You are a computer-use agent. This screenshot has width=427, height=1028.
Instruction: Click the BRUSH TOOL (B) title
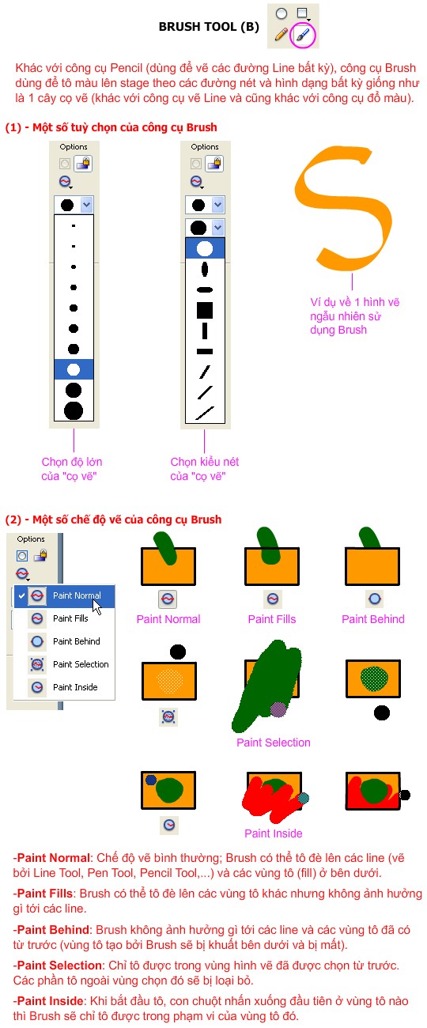208,27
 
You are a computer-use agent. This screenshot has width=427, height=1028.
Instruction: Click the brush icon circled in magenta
302,34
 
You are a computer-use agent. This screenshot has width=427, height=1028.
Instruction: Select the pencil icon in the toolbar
281,34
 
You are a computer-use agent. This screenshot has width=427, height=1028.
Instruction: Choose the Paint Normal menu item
76,595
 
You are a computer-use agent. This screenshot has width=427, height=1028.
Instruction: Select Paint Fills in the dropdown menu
70,618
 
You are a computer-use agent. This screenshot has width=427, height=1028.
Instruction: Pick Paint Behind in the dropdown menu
76,641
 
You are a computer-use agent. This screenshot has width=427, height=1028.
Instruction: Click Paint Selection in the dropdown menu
80,664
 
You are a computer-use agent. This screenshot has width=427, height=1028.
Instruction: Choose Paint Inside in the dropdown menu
75,687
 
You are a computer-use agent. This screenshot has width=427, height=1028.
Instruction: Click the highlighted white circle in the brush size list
74,369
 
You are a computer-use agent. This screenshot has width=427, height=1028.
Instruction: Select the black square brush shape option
205,309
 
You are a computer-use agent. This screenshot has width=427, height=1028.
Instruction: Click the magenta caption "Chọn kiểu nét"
205,462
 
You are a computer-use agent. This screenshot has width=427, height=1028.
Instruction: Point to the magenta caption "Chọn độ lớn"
72,462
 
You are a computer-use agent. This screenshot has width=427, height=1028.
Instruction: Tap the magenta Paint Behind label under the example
372,619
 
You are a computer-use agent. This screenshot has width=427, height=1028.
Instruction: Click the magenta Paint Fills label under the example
272,619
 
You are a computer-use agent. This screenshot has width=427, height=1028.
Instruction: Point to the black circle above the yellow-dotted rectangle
178,652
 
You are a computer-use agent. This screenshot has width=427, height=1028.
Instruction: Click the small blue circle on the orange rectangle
151,780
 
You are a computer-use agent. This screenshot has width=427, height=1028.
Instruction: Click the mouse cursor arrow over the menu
97,607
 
